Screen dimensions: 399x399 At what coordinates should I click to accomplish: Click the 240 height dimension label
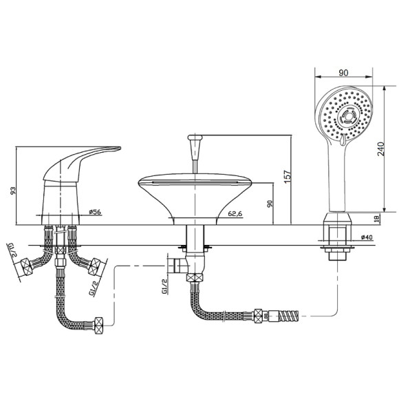pyautogui.click(x=380, y=149)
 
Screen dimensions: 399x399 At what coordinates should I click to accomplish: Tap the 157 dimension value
pyautogui.click(x=287, y=177)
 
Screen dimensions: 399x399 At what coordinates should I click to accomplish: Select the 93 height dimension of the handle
pyautogui.click(x=12, y=191)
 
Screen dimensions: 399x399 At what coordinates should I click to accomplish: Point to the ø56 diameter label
pyautogui.click(x=95, y=212)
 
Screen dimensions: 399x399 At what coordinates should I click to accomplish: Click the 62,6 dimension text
pyautogui.click(x=235, y=214)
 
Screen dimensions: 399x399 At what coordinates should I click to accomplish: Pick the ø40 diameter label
pyautogui.click(x=367, y=237)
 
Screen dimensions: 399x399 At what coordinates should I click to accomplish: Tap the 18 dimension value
pyautogui.click(x=377, y=218)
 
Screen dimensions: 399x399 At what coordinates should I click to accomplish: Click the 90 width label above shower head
pyautogui.click(x=343, y=73)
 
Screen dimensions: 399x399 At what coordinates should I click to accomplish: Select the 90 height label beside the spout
pyautogui.click(x=270, y=204)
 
